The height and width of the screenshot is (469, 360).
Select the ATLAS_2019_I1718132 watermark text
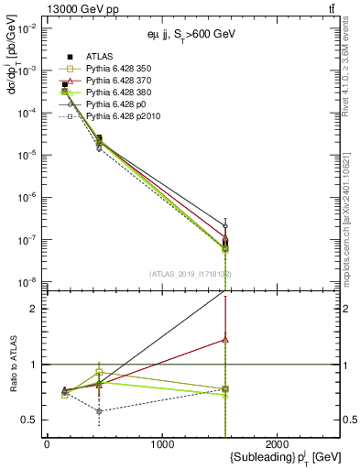tap(191, 274)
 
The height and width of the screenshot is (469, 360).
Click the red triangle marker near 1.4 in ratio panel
tap(225, 339)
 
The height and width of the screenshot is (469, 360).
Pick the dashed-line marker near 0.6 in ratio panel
tap(99, 411)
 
